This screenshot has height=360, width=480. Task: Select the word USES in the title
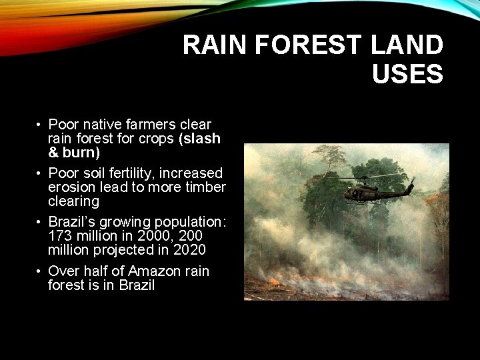tap(407, 74)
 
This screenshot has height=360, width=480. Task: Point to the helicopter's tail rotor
tap(411, 181)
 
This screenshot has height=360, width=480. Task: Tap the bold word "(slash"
tap(199, 139)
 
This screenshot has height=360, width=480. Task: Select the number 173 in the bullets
tap(59, 236)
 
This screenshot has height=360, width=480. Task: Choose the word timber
tap(205, 187)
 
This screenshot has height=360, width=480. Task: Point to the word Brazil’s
tap(71, 222)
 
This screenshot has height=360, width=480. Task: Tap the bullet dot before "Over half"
tap(40, 272)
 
